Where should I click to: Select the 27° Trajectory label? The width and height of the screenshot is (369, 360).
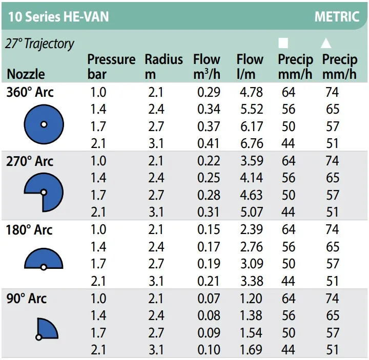point(39,44)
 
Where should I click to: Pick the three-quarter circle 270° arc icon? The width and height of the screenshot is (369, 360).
point(44,192)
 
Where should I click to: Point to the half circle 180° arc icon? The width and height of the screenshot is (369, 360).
point(44,260)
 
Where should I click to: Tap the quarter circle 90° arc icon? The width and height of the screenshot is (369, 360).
point(47,328)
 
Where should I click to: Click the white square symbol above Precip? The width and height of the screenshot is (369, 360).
point(283,43)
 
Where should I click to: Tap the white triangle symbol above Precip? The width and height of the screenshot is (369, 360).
point(326,43)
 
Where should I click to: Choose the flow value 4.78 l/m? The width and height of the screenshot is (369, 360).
point(251,93)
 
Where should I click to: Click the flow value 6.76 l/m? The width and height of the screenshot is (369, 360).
point(251,143)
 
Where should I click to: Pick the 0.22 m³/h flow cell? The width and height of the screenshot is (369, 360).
point(209,161)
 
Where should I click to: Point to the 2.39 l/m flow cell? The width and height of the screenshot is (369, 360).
point(251,230)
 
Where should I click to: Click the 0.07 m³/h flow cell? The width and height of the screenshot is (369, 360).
point(209,299)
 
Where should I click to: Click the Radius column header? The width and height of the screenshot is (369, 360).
point(163,66)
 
